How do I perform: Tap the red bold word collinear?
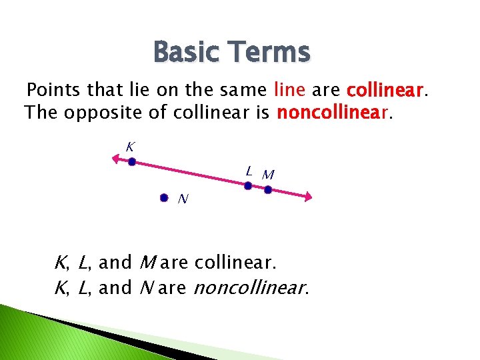tap(385, 89)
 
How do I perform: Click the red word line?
tap(289, 89)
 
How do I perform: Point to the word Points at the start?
tap(55, 89)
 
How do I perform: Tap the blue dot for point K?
tap(132, 161)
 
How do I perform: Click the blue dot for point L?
tap(247, 186)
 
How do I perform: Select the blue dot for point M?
tap(268, 190)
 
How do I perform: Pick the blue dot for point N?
tap(164, 198)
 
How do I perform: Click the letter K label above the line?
tap(131, 146)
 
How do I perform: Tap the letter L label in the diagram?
tap(248, 171)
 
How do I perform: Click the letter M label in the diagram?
tap(268, 175)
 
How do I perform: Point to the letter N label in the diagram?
tap(183, 198)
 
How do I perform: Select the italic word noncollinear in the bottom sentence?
tap(250, 288)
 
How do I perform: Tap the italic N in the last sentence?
tap(146, 288)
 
